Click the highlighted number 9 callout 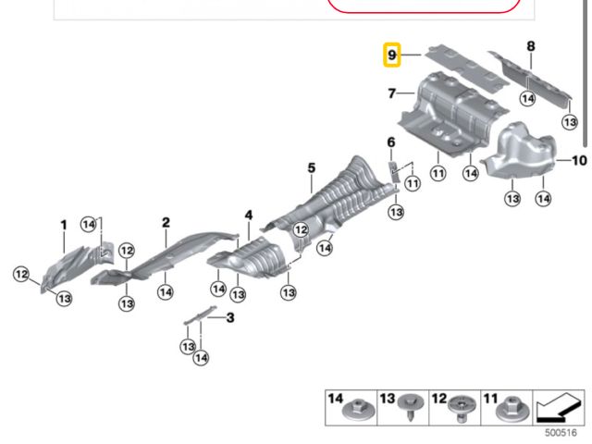tap(392, 55)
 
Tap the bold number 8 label tap(531, 46)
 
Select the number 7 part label tap(392, 93)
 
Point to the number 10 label tap(579, 161)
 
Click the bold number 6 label tap(391, 142)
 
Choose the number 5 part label tap(311, 168)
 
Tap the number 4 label tap(249, 216)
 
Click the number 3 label tap(230, 317)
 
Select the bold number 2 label tap(166, 222)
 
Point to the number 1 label tap(64, 225)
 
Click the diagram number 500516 tap(561, 433)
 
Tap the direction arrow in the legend tap(559, 408)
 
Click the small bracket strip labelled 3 tap(200, 314)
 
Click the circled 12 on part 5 tap(301, 230)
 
